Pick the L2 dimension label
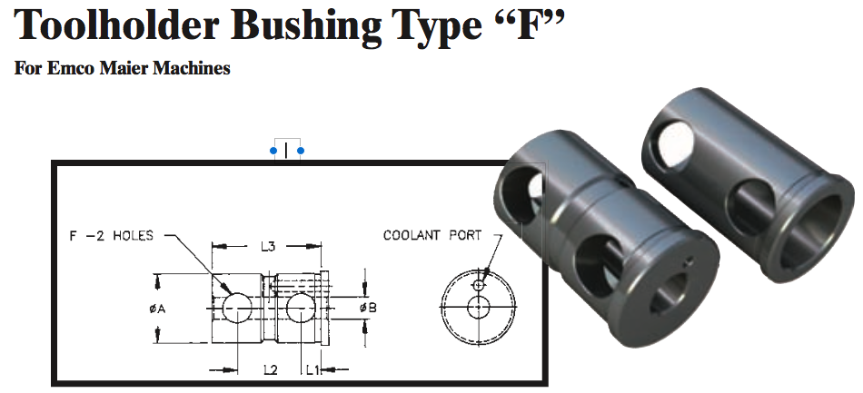270,369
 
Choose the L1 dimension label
312,369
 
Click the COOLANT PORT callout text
431,235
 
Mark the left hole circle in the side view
235,309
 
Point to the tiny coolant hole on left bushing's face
689,265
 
